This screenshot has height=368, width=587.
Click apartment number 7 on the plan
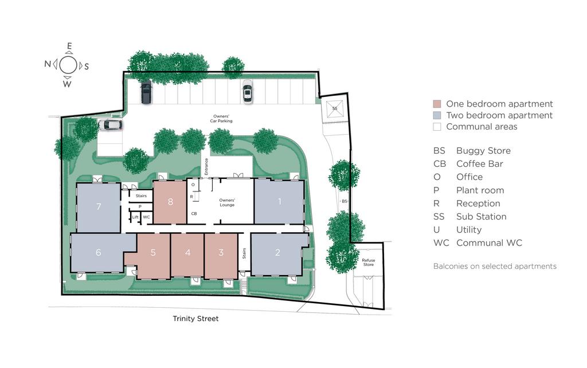(x=99, y=206)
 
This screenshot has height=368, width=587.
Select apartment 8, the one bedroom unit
(x=170, y=202)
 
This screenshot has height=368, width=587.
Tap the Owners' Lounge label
(x=227, y=202)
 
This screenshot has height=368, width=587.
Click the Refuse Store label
(x=369, y=262)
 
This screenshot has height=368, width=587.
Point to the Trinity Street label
(x=195, y=319)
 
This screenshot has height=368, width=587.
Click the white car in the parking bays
(x=248, y=92)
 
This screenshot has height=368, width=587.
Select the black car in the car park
(x=146, y=92)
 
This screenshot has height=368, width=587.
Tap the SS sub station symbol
(x=335, y=108)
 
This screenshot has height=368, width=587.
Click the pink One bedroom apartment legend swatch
(x=437, y=104)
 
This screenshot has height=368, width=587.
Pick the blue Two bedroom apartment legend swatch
(x=437, y=115)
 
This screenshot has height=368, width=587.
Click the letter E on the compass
(x=69, y=46)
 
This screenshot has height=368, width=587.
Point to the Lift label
(x=135, y=217)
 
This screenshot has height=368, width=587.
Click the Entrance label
(x=206, y=167)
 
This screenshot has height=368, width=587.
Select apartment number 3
(x=221, y=253)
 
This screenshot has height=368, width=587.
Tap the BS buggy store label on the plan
(x=345, y=201)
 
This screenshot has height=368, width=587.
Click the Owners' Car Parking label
(x=221, y=119)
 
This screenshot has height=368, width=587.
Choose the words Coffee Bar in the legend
(x=480, y=164)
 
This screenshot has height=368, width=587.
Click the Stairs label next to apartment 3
(x=244, y=253)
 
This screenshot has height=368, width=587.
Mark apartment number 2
(x=277, y=253)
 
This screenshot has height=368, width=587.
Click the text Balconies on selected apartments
(x=495, y=266)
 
